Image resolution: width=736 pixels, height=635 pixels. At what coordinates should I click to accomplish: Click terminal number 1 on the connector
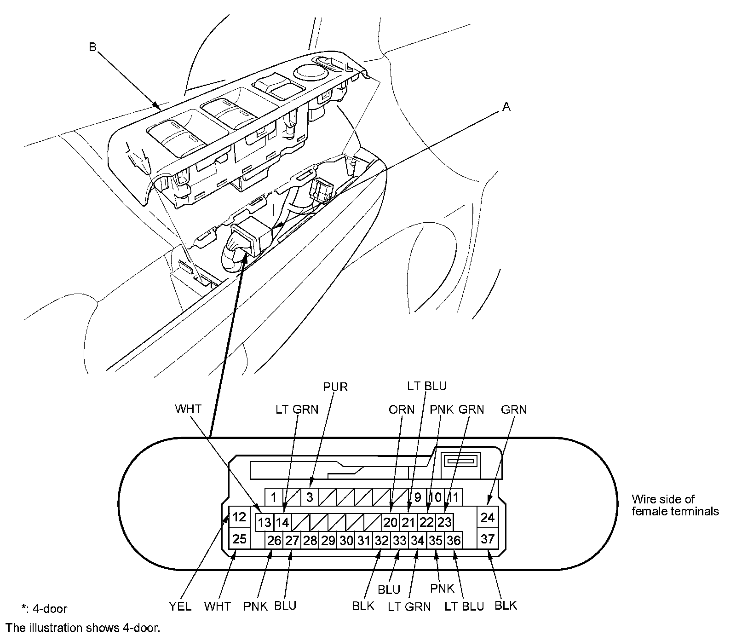click(274, 497)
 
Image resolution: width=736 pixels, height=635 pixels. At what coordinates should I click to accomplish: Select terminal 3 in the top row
click(310, 497)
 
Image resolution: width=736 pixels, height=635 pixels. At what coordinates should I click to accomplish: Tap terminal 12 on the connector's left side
click(239, 517)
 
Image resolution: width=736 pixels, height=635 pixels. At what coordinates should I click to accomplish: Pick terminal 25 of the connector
click(239, 538)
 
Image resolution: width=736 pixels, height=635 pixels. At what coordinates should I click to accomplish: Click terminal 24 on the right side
click(487, 517)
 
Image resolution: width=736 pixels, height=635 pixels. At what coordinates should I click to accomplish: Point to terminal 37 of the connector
click(487, 538)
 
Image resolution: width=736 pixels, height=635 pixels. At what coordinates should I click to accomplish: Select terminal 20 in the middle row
click(390, 522)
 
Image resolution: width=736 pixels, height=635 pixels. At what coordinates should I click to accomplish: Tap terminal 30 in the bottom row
click(346, 541)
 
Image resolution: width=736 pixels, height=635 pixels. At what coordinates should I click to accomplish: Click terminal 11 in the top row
click(454, 497)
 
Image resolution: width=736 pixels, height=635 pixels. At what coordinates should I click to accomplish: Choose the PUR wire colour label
click(335, 387)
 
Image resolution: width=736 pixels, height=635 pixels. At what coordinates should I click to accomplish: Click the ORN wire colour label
click(402, 410)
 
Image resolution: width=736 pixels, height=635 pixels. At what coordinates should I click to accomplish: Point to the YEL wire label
click(180, 606)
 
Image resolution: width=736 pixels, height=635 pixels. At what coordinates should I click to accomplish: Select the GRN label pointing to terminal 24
click(514, 410)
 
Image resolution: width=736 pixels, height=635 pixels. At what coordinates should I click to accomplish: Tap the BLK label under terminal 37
click(506, 606)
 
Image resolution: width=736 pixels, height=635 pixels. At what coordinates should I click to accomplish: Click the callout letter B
click(92, 47)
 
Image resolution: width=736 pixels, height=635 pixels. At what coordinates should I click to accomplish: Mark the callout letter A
click(506, 107)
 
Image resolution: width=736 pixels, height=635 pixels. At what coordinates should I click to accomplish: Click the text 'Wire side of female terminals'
click(675, 505)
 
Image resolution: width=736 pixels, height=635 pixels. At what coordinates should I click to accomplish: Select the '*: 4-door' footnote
click(44, 609)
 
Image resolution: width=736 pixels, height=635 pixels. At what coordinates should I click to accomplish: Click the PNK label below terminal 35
click(443, 588)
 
